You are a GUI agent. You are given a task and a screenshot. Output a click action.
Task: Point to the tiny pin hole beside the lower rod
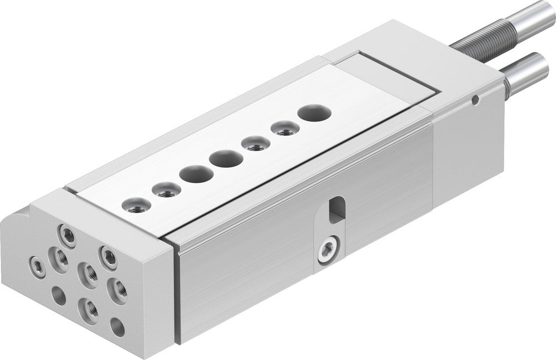pyautogui.click(x=475, y=100)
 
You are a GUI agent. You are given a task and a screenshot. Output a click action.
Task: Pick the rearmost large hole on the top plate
pyautogui.click(x=315, y=113)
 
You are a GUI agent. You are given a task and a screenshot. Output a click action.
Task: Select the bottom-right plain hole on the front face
pyautogui.click(x=117, y=327)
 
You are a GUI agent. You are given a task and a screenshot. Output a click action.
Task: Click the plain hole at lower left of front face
pyautogui.click(x=58, y=295)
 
